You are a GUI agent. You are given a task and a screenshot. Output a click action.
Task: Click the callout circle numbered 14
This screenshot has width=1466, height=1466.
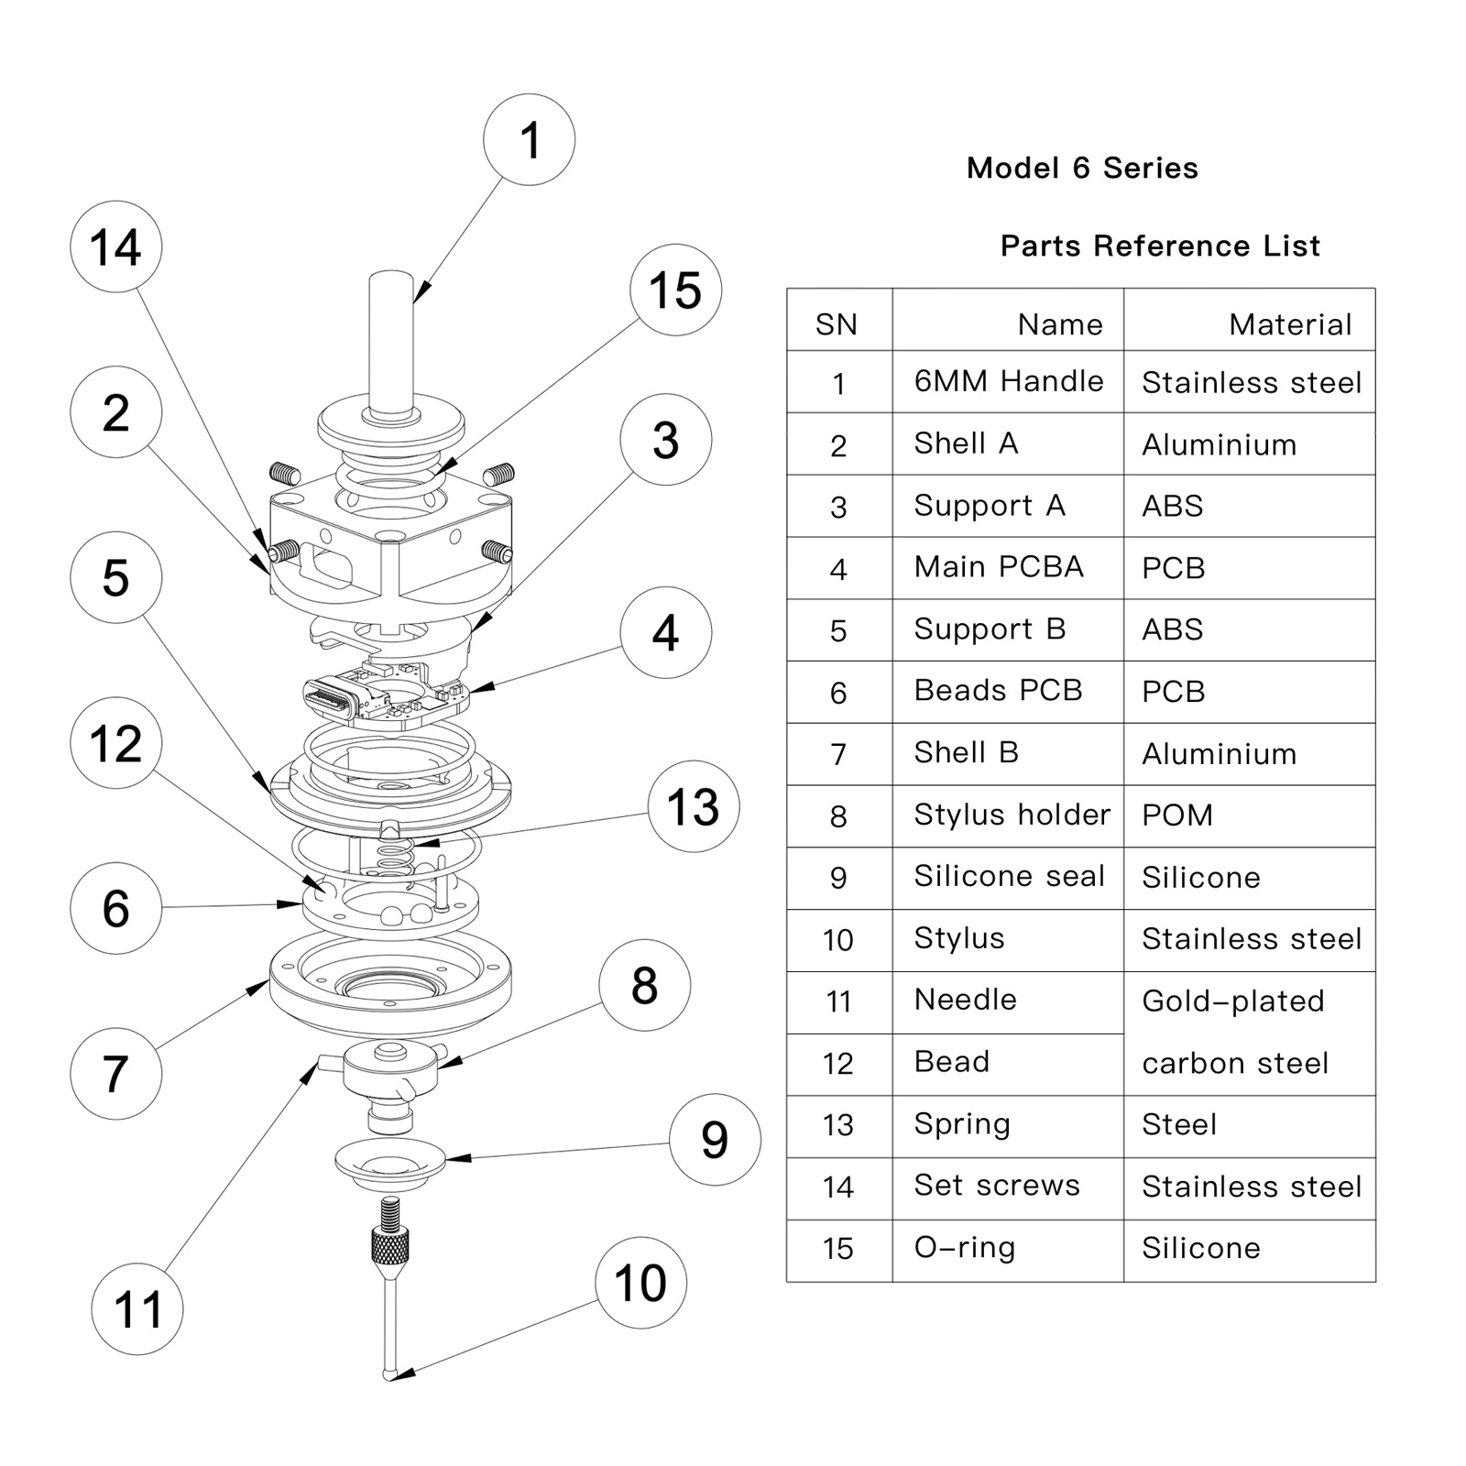pos(116,247)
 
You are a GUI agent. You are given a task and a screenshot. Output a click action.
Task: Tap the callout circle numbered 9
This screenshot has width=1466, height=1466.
pos(715,1139)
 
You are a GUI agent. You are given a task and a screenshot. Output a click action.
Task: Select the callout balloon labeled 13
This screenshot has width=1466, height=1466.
pos(694,806)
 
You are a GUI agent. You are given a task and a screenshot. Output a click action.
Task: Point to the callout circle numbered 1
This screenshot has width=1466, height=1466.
pos(530,140)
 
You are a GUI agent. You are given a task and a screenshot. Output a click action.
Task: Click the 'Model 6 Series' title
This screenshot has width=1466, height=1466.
pos(1082,169)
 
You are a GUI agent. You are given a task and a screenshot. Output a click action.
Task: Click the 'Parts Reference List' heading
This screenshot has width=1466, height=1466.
pos(1160,246)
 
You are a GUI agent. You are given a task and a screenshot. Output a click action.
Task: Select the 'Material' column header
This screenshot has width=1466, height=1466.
pos(1290,324)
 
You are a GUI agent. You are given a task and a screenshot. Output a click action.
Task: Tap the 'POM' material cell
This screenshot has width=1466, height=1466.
pos(1177,815)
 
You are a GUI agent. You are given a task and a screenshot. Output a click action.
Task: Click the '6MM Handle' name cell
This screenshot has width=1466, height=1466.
pos(1009,381)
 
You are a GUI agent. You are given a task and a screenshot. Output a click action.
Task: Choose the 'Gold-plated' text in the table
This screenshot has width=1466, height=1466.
pos(1233,1001)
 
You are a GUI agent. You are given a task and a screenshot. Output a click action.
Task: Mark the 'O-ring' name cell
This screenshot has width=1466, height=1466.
pos(965,1248)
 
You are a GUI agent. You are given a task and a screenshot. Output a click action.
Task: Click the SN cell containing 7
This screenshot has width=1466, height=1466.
pos(838,754)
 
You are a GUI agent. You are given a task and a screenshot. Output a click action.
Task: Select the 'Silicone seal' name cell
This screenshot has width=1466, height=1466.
pos(1009,876)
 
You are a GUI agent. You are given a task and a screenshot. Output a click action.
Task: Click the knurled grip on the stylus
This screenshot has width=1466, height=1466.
pos(390,1245)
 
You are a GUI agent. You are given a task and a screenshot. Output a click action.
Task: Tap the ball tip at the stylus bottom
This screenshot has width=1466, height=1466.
pos(389,1373)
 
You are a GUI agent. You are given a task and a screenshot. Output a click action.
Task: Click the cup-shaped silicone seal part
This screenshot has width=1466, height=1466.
pos(390,1165)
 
